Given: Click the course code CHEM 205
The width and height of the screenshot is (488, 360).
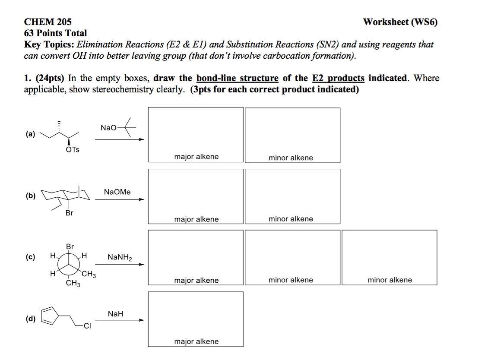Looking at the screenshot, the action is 48,22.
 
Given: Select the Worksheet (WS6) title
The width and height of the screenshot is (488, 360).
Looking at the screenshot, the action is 400,22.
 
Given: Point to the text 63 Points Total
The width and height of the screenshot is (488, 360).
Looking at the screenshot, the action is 55,33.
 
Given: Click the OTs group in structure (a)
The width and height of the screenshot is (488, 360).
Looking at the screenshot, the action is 73,150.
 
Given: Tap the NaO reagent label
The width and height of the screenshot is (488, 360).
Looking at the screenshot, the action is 108,128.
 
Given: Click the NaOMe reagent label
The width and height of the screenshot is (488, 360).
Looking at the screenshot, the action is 117,192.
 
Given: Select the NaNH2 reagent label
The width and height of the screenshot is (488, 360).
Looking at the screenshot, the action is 120,257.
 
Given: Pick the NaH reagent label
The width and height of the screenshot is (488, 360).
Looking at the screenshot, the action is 115,314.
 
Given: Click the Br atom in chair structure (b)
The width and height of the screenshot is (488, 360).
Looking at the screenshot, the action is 70,213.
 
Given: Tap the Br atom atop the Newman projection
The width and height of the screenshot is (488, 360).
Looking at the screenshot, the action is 70,246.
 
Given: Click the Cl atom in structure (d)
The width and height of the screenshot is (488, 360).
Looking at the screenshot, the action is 87,326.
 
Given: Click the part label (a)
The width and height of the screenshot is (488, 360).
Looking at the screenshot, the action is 30,134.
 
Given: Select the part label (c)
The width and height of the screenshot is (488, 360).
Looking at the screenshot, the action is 30,257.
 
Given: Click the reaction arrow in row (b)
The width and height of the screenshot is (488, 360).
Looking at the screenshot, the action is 119,199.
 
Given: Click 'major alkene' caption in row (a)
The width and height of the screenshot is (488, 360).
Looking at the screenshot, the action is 196,157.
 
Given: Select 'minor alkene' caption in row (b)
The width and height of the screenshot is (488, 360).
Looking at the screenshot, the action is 291,219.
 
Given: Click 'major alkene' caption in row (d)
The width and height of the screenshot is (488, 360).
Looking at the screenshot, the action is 196,341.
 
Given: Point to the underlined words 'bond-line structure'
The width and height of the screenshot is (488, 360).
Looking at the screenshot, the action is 237,78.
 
